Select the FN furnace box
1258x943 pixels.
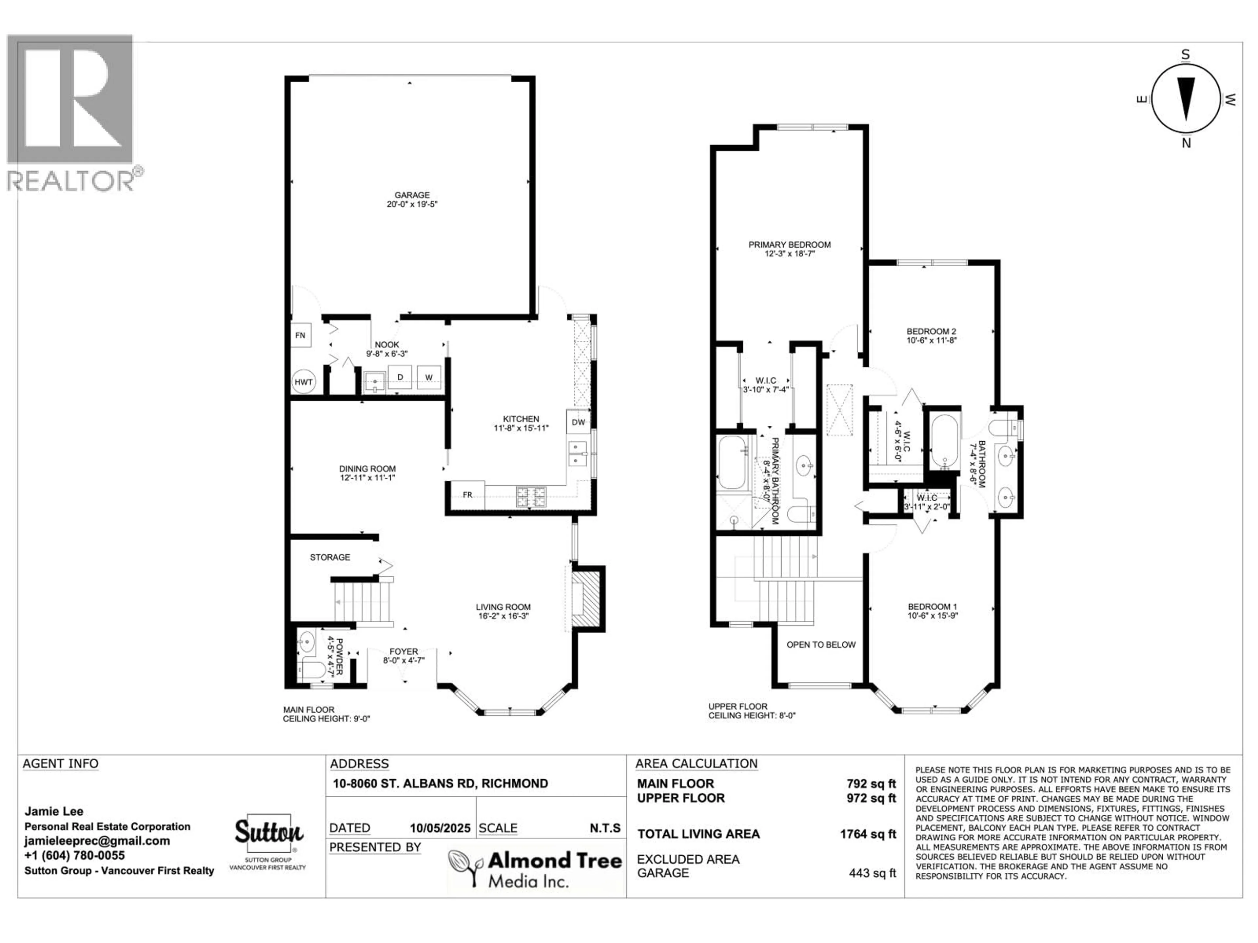[x=300, y=335]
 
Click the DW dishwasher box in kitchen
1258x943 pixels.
[x=578, y=422]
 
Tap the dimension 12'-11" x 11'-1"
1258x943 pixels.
[x=367, y=478]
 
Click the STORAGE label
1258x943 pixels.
[x=330, y=557]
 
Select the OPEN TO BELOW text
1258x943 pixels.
[x=821, y=645]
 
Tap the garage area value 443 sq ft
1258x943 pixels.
[x=872, y=873]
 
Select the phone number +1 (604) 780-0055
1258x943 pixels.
[x=74, y=856]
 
